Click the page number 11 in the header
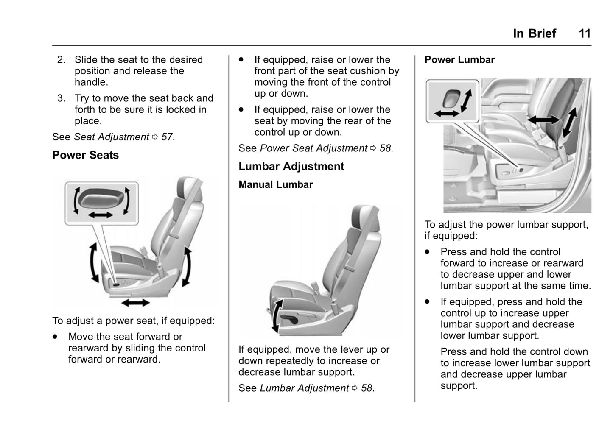coord(585,33)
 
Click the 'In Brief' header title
coord(534,33)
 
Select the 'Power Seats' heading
coord(85,155)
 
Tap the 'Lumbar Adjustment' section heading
coord(291,166)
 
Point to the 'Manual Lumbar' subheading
coord(275,184)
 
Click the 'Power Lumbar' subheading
coord(459,60)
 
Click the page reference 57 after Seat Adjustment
coord(167,137)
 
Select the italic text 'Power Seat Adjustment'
coord(313,148)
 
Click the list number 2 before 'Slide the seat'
coord(62,60)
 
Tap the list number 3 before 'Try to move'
coord(62,98)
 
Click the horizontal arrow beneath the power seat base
coord(135,302)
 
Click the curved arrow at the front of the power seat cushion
coord(93,263)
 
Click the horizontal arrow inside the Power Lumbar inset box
coord(447,114)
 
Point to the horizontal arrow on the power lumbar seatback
coord(543,120)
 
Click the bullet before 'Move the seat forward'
coord(55,337)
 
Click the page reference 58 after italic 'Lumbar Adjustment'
coord(367,388)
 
